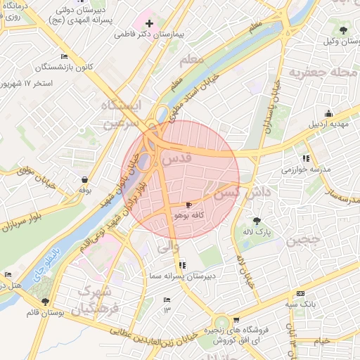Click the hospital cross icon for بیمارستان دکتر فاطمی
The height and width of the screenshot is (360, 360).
149,23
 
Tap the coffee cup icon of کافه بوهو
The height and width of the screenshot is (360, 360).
188,205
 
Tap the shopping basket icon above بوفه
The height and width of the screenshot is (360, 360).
85,179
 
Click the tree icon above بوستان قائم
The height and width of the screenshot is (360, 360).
46,301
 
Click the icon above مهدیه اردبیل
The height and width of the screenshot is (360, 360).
328,114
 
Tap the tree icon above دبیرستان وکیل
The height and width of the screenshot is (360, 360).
342,30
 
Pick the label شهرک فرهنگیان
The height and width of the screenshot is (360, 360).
95,298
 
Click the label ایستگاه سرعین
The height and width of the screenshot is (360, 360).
120,114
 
